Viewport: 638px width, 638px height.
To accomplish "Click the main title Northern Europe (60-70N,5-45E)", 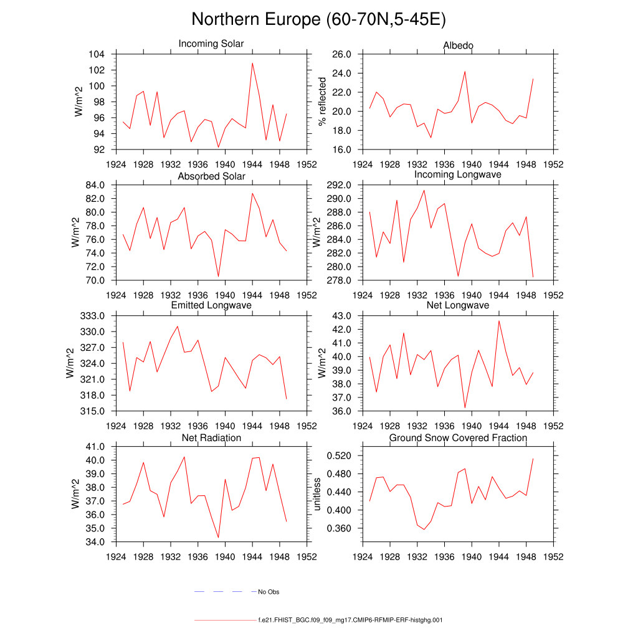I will coord(318,19).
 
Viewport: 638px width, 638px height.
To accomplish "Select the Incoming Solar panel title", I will coord(211,44).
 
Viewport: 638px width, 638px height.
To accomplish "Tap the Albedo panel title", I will coord(458,45).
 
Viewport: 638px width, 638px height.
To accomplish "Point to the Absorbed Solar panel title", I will coord(211,176).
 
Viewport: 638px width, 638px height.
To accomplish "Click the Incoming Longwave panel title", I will coord(458,174).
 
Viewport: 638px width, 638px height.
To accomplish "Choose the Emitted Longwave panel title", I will coord(211,305).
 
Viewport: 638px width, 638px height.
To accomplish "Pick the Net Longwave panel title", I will coord(458,305).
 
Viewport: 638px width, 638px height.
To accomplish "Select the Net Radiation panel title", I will coord(211,438).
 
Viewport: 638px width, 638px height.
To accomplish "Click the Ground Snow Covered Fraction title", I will coord(458,438).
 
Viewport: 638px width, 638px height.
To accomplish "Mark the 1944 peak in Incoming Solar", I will coord(252,63).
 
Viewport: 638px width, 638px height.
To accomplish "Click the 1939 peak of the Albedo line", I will coord(465,71).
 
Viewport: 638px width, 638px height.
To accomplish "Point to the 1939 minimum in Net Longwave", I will coord(465,408).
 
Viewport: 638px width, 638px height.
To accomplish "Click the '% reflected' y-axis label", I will coord(322,102).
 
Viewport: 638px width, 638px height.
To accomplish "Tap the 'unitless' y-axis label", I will coord(317,494).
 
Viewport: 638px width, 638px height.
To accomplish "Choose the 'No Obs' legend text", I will coord(269,592).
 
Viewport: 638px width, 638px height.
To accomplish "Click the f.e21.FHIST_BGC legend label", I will coord(350,621).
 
